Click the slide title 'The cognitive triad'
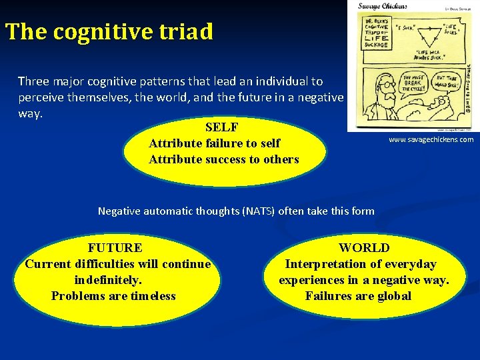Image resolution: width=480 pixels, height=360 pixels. pos(109,31)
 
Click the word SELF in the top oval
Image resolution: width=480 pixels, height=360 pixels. pos(222,127)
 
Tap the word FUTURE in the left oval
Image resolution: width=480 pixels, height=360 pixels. pos(115,248)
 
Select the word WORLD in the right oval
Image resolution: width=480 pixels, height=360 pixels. pos(364,248)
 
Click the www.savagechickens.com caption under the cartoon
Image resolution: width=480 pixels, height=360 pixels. pos(431,139)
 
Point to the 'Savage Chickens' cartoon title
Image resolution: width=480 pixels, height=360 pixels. pos(382,7)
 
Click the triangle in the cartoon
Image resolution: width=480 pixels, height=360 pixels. pos(430,37)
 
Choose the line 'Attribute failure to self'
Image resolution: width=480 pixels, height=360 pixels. pos(214,143)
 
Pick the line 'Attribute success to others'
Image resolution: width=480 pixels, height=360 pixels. pos(223,159)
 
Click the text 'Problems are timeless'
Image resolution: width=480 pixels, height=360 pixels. pos(113,296)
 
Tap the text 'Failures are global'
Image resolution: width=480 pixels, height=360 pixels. pos(358,296)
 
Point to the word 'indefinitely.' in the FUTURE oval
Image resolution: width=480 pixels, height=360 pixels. pos(108,280)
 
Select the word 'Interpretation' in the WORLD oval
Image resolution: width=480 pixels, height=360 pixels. pos(327,264)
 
